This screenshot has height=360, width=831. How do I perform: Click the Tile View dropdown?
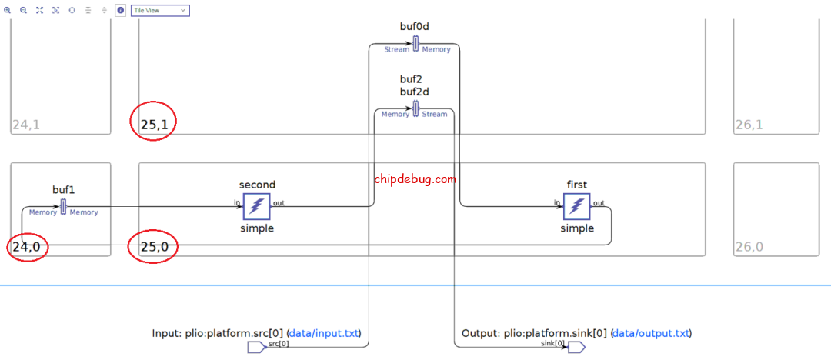coord(160,11)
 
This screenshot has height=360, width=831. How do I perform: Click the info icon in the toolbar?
coord(121,11)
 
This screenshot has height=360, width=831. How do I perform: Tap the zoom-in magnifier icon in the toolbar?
coord(7,11)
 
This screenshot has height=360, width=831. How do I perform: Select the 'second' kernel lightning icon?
coord(256,206)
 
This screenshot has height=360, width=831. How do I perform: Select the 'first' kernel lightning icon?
coord(576,206)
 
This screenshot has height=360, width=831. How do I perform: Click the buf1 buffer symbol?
coord(64,206)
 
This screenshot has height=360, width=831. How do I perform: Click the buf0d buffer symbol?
coord(415,43)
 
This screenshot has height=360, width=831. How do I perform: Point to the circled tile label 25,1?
coord(154,125)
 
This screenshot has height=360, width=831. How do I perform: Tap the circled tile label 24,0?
coord(26,248)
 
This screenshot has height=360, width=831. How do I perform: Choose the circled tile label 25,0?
coord(154,248)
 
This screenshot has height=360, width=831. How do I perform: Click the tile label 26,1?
coord(748,125)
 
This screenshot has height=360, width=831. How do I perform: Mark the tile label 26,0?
coord(748,248)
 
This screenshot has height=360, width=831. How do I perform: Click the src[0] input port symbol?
coord(255,348)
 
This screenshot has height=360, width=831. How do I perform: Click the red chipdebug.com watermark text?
coord(415,179)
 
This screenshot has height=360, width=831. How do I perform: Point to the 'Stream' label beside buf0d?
coord(396,50)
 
